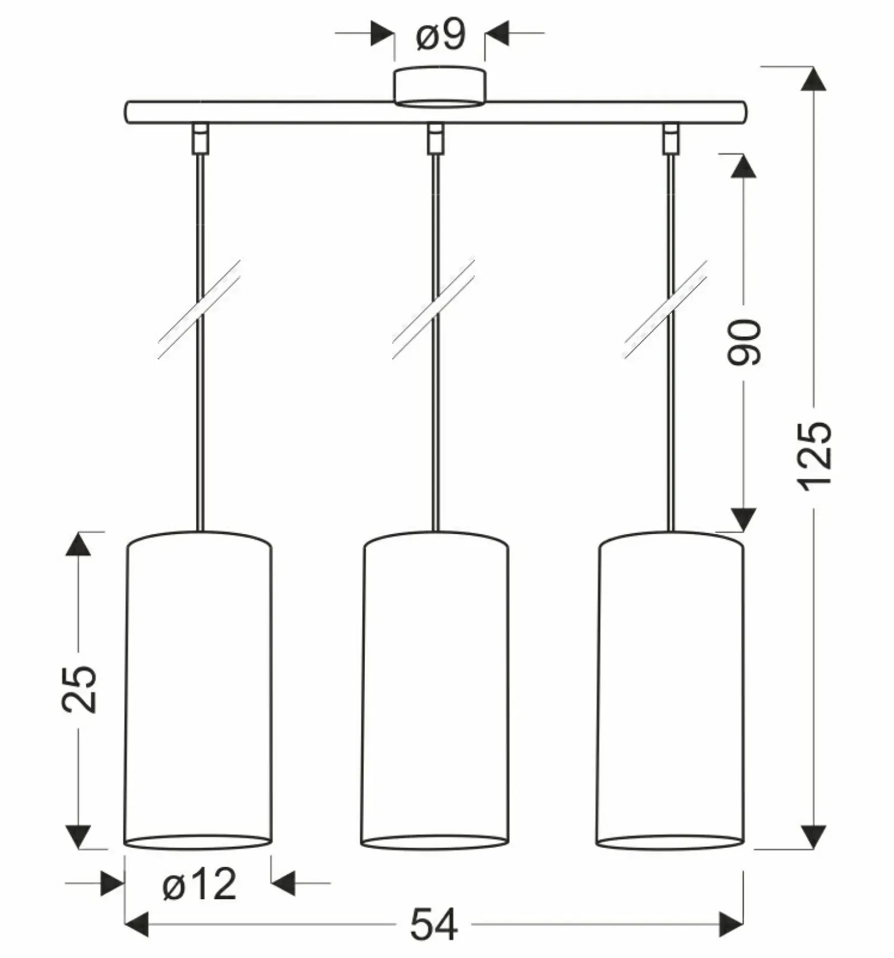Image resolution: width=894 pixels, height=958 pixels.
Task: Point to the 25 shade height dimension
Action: tap(79, 689)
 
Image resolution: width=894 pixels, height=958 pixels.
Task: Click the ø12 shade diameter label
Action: tap(199, 884)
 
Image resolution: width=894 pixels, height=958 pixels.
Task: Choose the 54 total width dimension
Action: tap(434, 924)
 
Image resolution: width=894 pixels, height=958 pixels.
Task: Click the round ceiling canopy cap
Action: tap(440, 87)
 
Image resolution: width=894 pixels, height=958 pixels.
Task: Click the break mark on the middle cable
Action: tap(434, 309)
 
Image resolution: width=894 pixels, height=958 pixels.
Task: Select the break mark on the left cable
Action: tap(199, 309)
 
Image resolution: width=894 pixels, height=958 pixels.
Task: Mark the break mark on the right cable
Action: tap(666, 309)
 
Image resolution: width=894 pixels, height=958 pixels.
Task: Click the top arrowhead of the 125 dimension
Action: tap(814, 78)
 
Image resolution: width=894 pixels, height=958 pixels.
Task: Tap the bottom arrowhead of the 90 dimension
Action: tap(744, 520)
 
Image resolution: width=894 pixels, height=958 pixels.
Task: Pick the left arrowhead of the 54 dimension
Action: tap(136, 924)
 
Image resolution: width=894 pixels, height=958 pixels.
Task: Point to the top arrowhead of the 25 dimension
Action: tap(78, 544)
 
